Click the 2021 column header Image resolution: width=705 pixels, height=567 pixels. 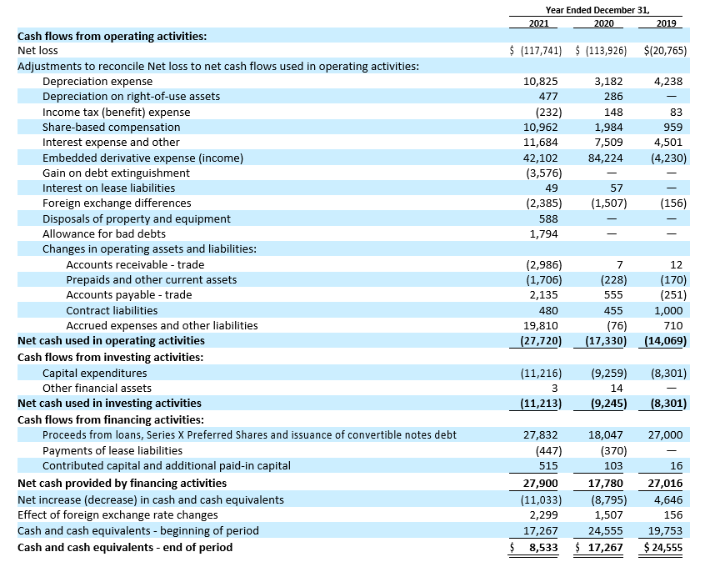pos(538,23)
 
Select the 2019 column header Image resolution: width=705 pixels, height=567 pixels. pos(666,23)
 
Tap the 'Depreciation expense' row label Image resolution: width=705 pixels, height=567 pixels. pos(97,82)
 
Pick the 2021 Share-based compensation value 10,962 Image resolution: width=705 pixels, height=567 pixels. pos(541,128)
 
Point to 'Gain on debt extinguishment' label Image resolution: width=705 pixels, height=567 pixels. pos(116,173)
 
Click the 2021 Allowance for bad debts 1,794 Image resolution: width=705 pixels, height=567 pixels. pos(543,234)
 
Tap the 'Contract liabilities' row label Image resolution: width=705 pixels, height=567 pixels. pos(112,310)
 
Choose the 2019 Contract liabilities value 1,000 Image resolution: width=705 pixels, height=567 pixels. pos(668,310)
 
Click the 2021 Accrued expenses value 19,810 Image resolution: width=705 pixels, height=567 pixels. pos(541,325)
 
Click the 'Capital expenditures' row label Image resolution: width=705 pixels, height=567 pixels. pos(95,373)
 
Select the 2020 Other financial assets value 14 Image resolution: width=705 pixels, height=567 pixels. pos(617,388)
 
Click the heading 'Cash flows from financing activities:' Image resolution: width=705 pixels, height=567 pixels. pos(111,420)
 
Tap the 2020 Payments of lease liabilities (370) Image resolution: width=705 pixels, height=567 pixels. pos(613,450)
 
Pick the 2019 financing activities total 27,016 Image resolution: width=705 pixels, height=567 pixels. pos(665,484)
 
